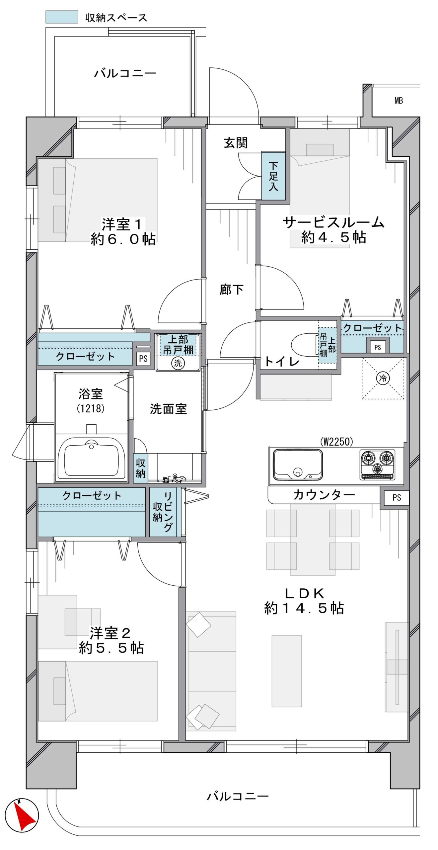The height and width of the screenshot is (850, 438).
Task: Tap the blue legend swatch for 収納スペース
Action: point(62,17)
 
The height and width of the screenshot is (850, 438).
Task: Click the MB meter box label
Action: point(399,101)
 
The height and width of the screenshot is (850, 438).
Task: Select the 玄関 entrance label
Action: point(236,143)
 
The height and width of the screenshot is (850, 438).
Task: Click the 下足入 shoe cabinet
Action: point(273,176)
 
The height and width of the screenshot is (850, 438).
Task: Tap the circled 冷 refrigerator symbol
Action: point(383,378)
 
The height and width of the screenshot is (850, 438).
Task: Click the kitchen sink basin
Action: point(298,465)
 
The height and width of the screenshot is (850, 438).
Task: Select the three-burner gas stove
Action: point(378,465)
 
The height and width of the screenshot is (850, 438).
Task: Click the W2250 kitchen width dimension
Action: point(336,441)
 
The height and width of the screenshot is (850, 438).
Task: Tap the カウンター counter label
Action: point(324,495)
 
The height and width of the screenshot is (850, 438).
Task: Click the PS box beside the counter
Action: point(397,497)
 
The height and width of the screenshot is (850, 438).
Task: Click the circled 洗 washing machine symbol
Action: point(178,363)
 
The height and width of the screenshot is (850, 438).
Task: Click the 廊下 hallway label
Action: point(231,290)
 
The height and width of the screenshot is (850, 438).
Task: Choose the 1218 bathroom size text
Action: point(91,408)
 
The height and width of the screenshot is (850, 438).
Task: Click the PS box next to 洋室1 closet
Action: point(143,359)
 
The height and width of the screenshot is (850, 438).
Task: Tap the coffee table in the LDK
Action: point(287,671)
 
